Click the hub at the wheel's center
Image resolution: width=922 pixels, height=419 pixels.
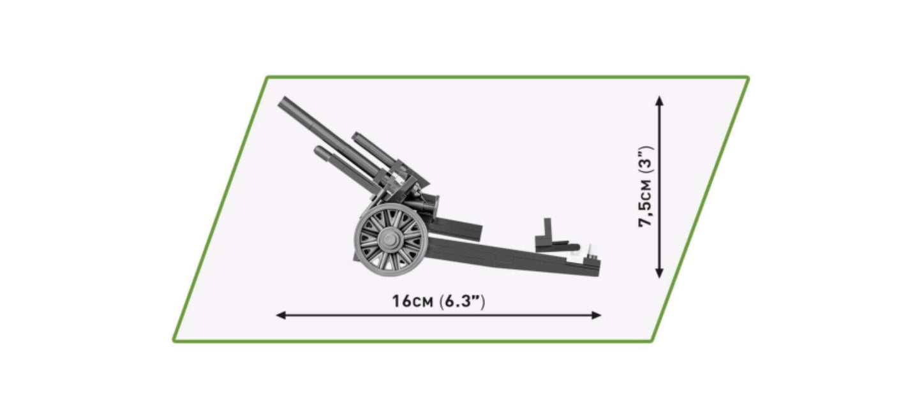(388, 239)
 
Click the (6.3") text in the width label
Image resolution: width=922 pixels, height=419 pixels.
(463, 301)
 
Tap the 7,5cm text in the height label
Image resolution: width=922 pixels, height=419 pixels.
(646, 203)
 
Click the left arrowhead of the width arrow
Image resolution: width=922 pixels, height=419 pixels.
(281, 315)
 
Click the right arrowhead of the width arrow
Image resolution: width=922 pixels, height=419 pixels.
(597, 315)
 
